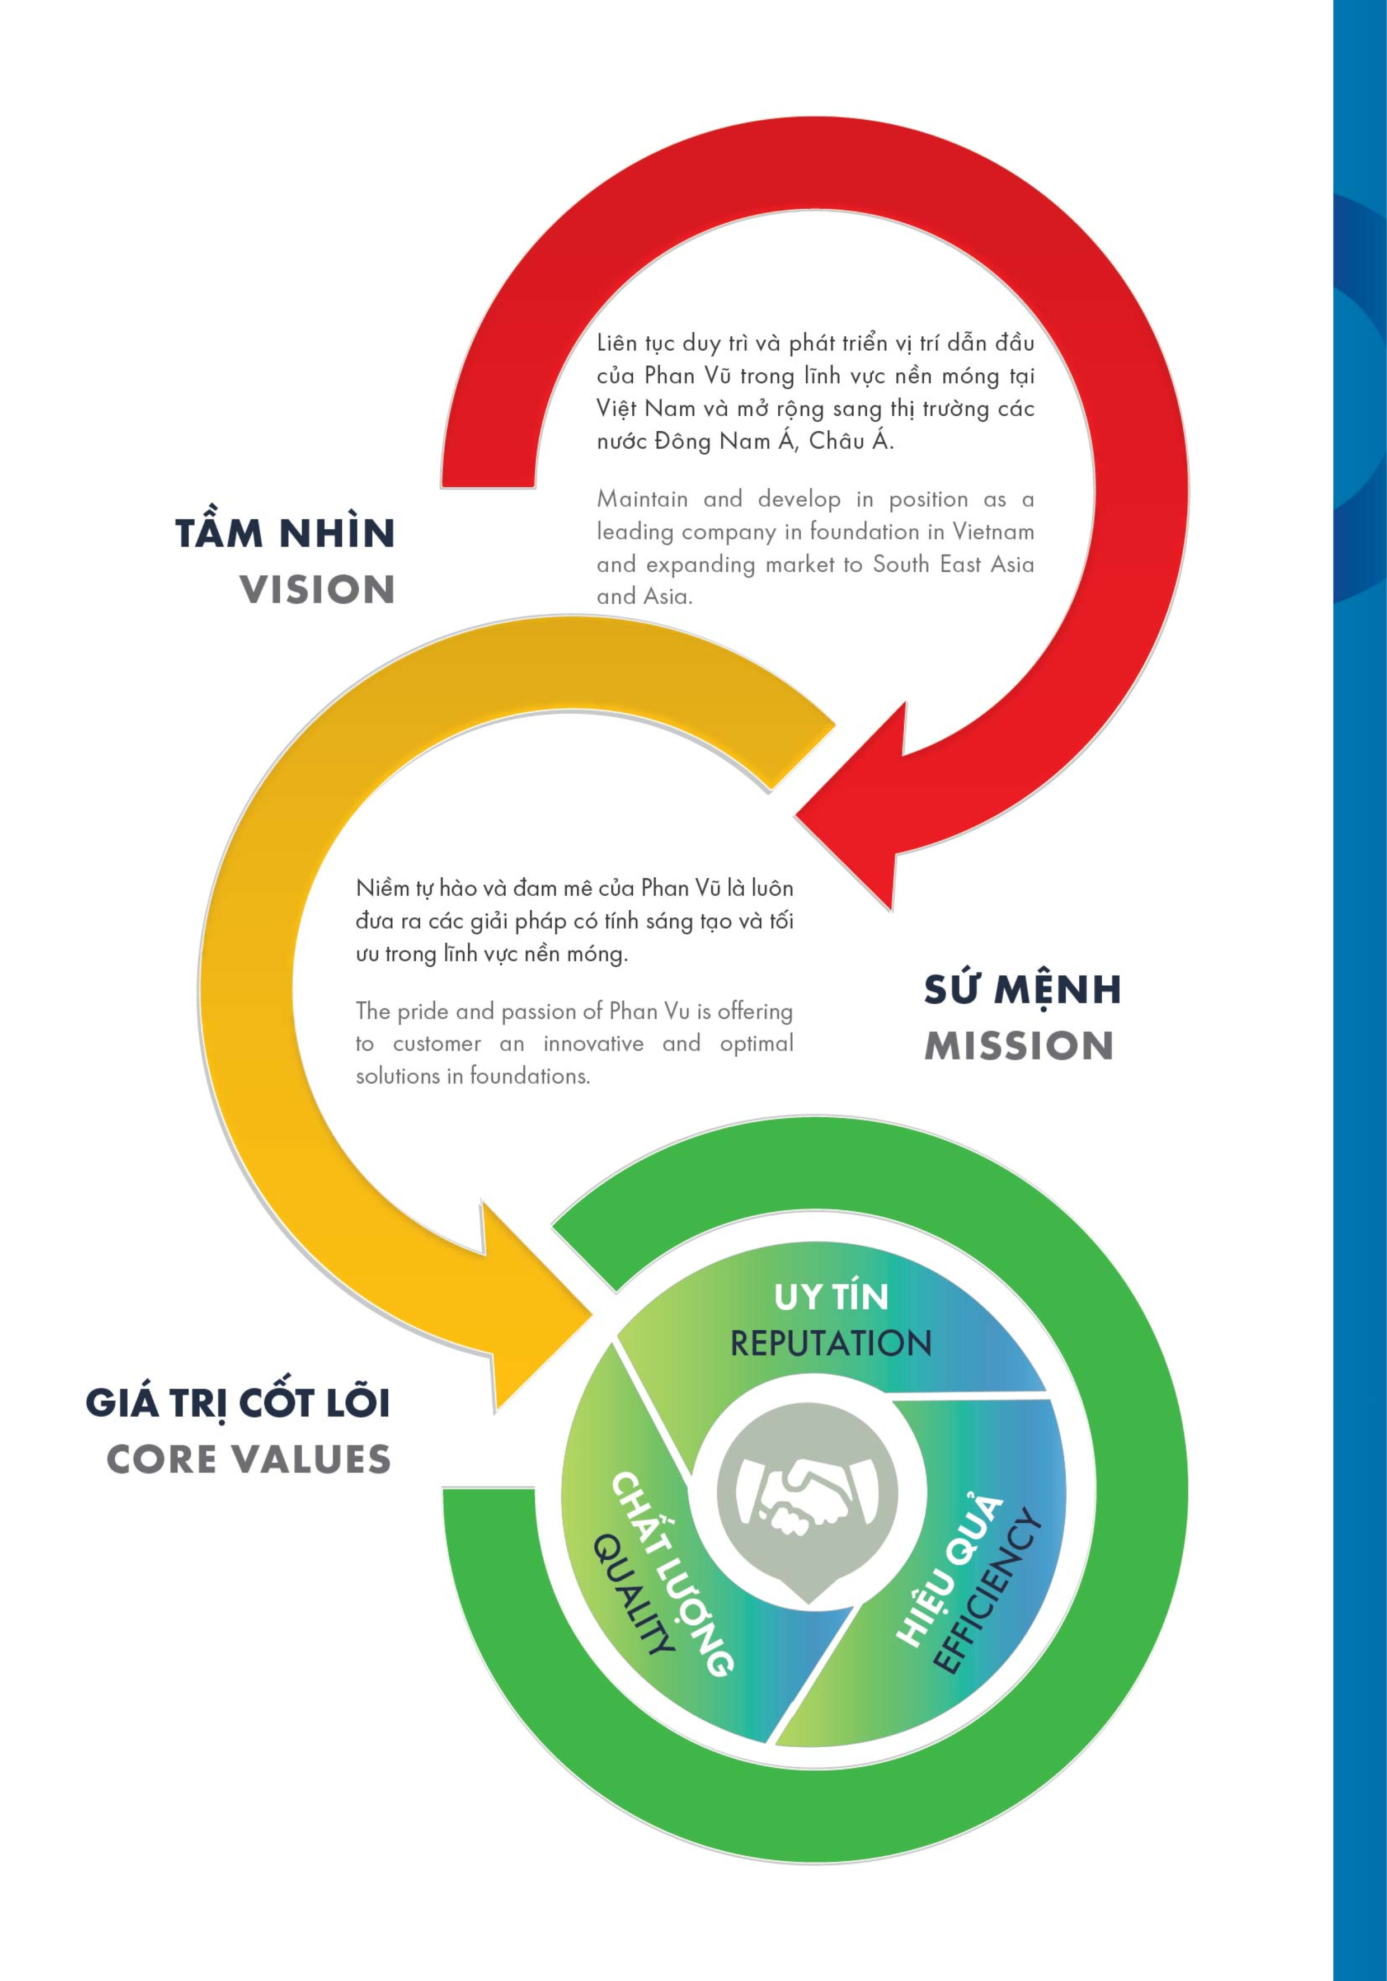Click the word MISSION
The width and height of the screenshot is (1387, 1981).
1019,1046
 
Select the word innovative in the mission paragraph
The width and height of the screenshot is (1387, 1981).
594,1043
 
